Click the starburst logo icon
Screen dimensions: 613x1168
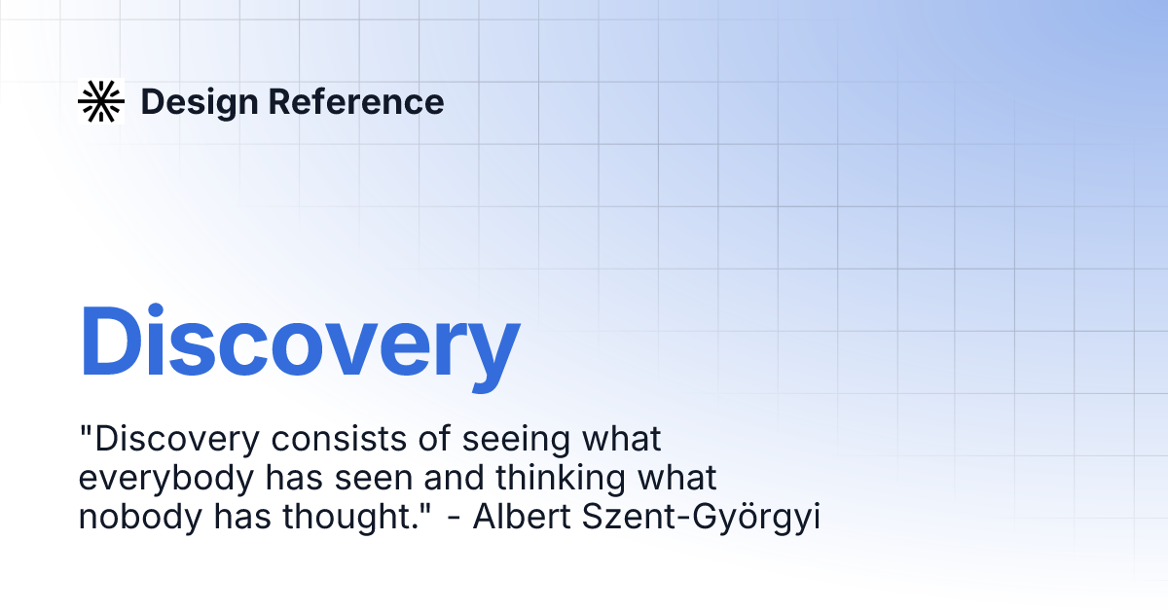pos(101,101)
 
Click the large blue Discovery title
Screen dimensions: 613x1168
pos(299,343)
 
